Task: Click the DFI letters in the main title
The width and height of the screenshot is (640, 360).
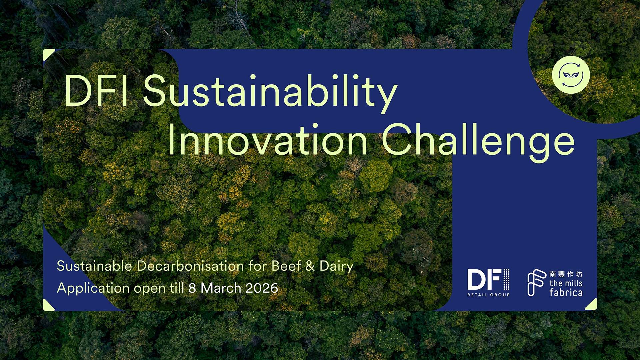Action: point(97,91)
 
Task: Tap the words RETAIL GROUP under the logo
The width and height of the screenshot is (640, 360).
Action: point(488,295)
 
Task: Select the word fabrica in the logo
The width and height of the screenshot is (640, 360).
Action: point(566,293)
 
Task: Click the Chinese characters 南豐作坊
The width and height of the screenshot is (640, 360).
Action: point(566,274)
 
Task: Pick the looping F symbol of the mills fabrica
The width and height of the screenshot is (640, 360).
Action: point(536,282)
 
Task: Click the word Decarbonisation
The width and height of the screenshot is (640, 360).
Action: point(190,266)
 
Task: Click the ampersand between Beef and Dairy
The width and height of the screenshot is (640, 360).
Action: point(310,266)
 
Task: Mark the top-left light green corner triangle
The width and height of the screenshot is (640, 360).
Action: point(47,54)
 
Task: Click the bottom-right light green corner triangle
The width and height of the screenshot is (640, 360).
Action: point(592,306)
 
